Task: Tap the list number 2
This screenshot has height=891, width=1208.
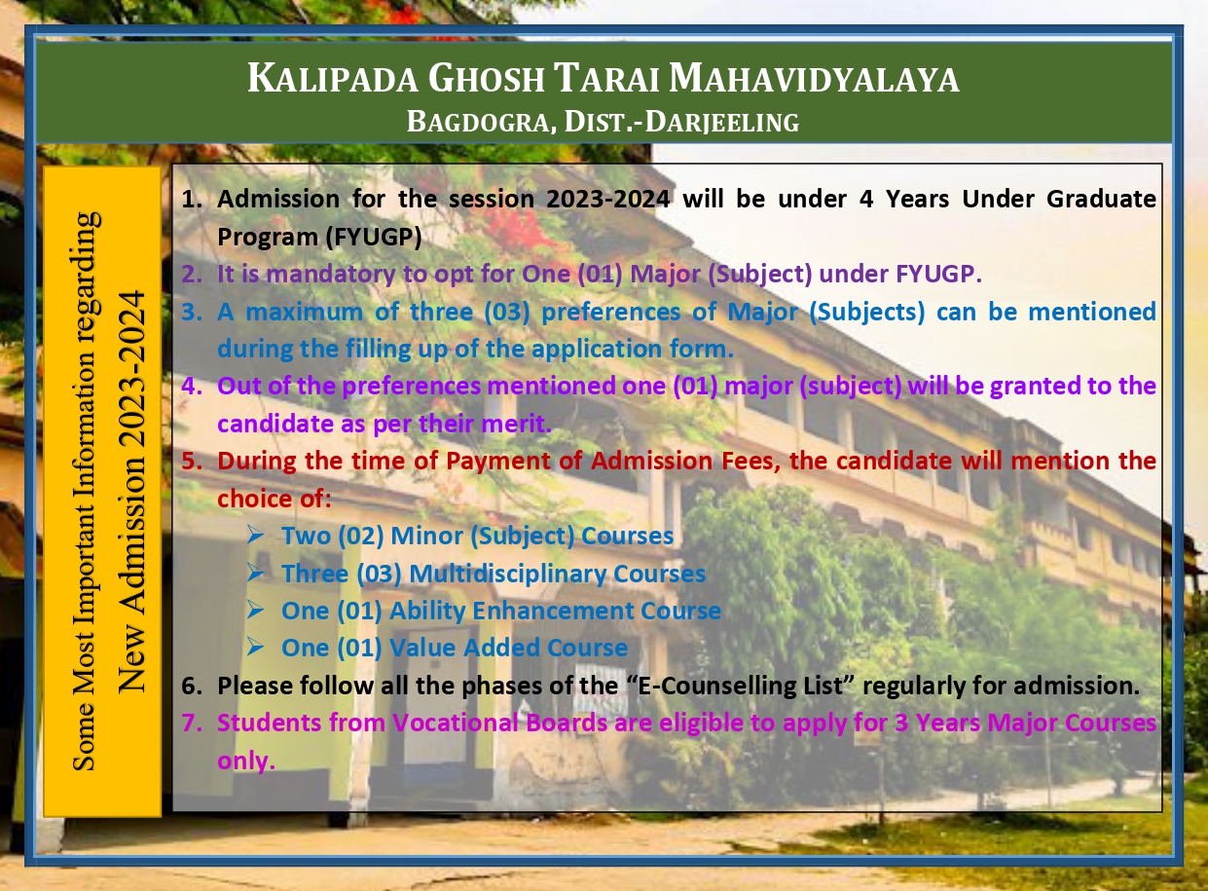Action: tap(191, 274)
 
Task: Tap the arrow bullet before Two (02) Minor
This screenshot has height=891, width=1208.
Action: tap(255, 535)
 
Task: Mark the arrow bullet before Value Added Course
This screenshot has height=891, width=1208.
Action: tap(255, 647)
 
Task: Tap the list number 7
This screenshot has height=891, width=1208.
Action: tap(191, 723)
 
